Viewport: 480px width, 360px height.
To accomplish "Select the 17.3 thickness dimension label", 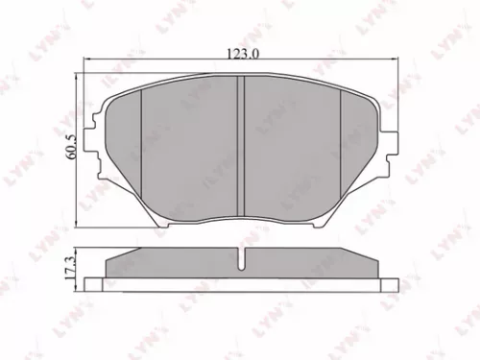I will [69, 267].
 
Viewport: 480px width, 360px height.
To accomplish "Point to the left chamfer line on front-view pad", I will [141, 144].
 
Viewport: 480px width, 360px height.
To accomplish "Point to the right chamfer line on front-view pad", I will [343, 144].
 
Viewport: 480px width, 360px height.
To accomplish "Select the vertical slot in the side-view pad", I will [240, 259].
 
